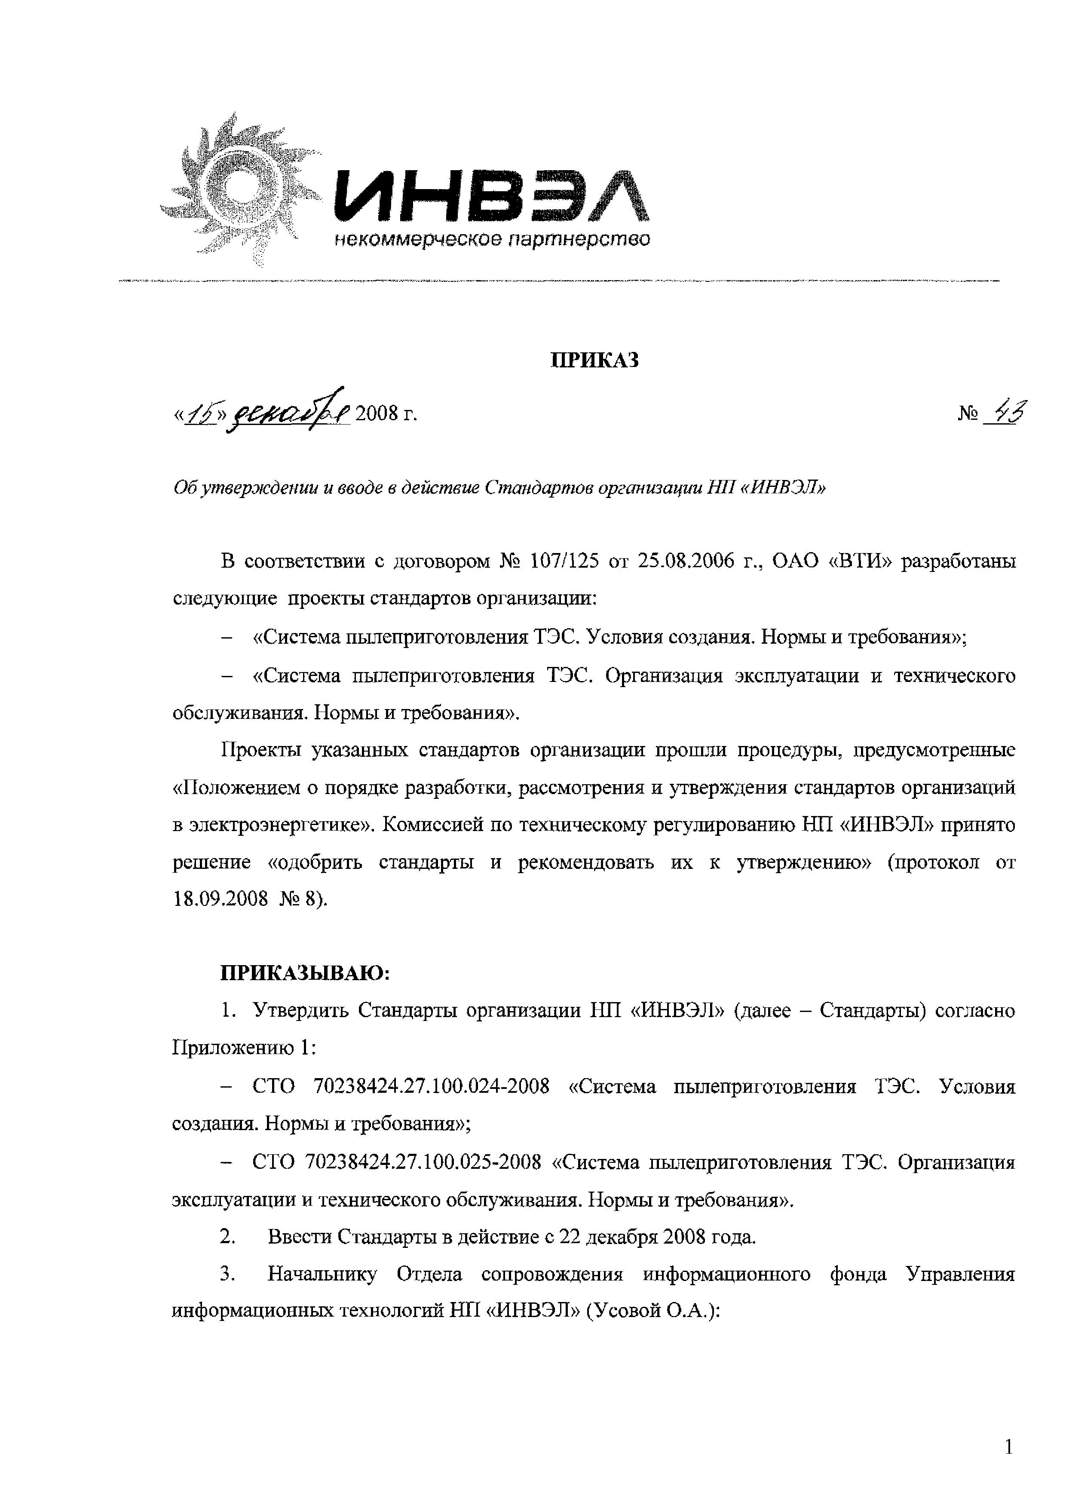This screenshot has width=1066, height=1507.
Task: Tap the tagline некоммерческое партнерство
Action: pyautogui.click(x=492, y=240)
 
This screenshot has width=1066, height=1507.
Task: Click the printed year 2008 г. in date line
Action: pyautogui.click(x=386, y=415)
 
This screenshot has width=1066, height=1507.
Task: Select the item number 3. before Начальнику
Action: pyautogui.click(x=227, y=1276)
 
